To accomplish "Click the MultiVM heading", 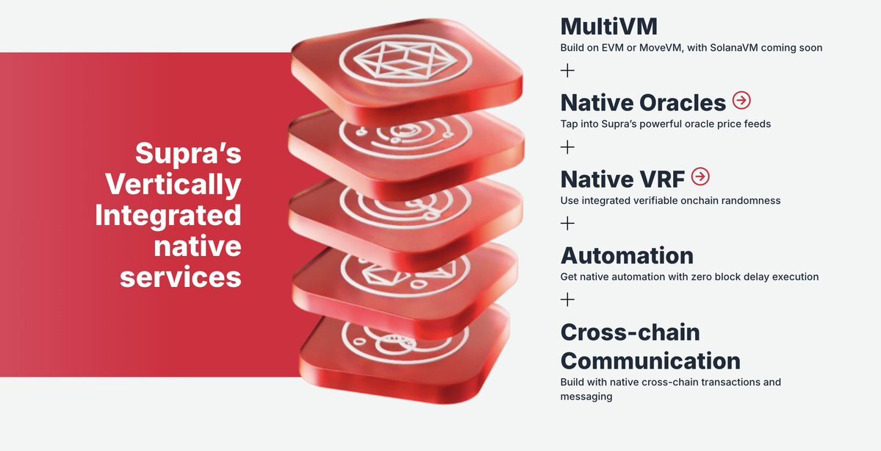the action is click(x=608, y=26).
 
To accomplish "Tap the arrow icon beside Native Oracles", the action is click(x=741, y=101).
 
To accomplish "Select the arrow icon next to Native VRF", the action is click(x=700, y=177).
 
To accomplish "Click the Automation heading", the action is click(x=627, y=255).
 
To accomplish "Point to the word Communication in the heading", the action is click(x=650, y=361).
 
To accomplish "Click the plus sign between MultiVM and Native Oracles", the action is click(x=567, y=71).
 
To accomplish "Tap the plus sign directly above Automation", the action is click(x=567, y=223).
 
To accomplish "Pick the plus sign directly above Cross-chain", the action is click(x=567, y=299).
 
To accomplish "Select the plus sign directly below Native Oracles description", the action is click(x=567, y=146).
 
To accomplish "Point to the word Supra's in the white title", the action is click(x=188, y=153).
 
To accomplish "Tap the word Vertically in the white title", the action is click(x=173, y=184).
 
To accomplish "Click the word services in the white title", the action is click(x=180, y=277).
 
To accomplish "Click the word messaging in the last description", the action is click(x=586, y=397).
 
